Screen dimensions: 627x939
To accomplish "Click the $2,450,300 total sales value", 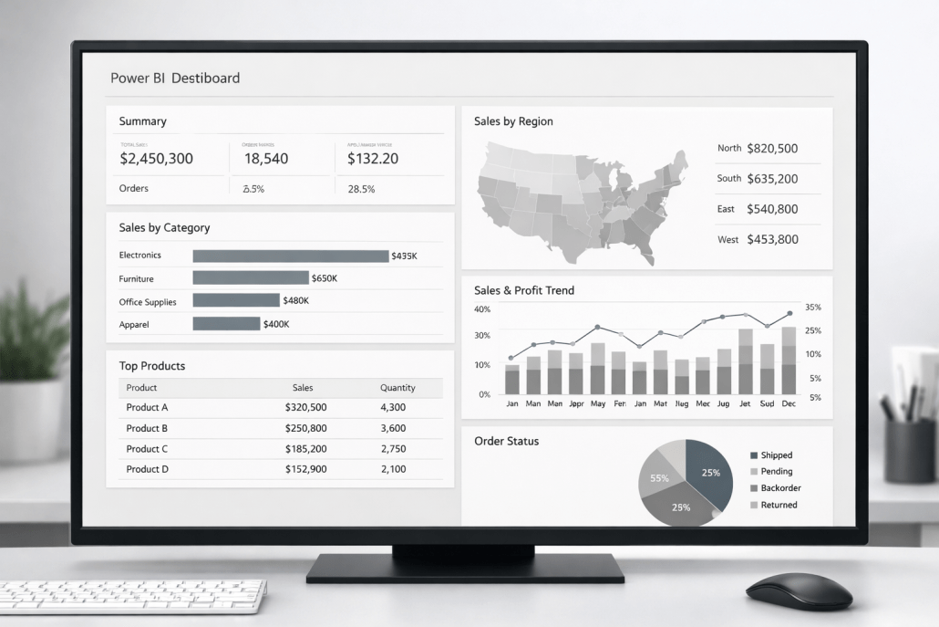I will [x=156, y=159].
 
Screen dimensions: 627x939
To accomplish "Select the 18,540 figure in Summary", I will [x=266, y=159].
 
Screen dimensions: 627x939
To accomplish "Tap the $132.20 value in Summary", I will [x=373, y=159].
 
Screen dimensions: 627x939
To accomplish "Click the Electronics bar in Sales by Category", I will [x=290, y=256].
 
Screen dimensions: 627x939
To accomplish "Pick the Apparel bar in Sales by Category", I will [x=226, y=324].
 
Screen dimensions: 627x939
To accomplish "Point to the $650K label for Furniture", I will [x=324, y=278].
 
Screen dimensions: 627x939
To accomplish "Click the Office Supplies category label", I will [x=148, y=301].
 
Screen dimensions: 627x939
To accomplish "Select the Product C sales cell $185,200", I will [x=305, y=449].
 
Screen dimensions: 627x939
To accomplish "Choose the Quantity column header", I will [x=397, y=388].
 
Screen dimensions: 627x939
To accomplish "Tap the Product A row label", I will [x=147, y=407].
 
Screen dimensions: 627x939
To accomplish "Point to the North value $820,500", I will [x=771, y=148].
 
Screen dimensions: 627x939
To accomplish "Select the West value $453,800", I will [x=771, y=239].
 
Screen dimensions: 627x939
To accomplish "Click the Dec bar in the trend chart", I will [x=789, y=361].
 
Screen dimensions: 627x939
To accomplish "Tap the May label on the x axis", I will [x=598, y=403].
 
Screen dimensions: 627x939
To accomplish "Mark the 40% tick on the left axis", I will [x=482, y=309].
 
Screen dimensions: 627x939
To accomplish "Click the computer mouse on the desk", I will [x=799, y=590].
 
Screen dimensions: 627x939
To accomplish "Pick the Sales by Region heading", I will [x=513, y=121].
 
